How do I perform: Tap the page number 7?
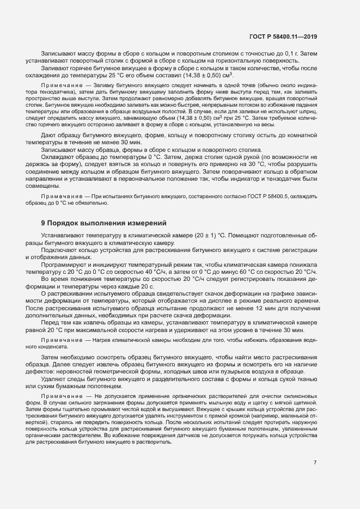tap(315, 462)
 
